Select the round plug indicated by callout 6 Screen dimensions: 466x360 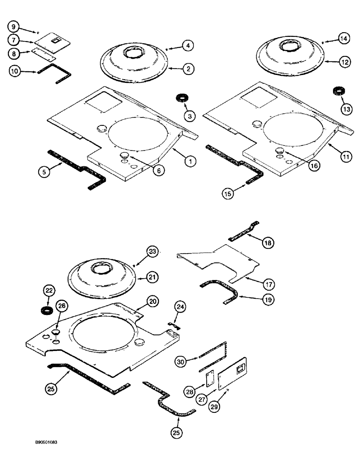125,155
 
